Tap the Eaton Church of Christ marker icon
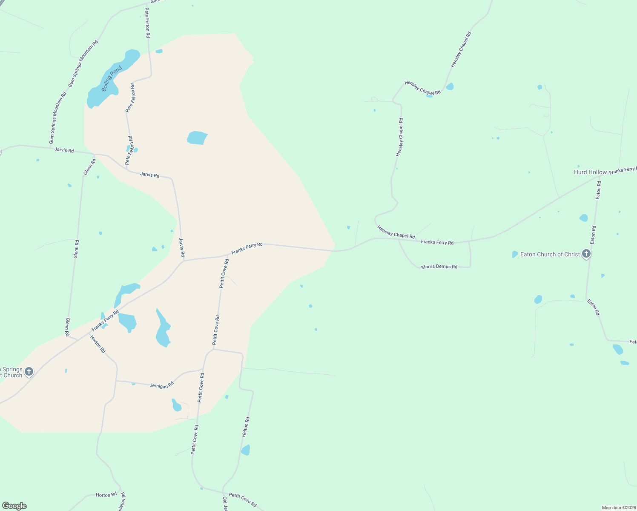(x=586, y=254)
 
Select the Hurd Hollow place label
(x=590, y=172)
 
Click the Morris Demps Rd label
(x=439, y=267)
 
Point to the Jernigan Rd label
(x=162, y=385)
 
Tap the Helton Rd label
(x=246, y=427)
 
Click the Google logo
(x=14, y=506)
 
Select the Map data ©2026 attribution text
(x=619, y=508)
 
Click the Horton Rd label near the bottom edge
(x=106, y=495)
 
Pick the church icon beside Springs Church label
(x=29, y=372)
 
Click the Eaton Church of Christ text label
(x=550, y=254)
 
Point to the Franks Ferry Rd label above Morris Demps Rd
(x=437, y=242)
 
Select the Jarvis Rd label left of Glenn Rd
(x=64, y=150)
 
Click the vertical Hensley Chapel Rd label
(x=399, y=138)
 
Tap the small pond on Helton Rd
(x=246, y=450)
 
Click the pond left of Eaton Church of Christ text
(x=515, y=254)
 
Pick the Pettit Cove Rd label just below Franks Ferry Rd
(x=224, y=273)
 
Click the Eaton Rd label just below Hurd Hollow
(x=598, y=190)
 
